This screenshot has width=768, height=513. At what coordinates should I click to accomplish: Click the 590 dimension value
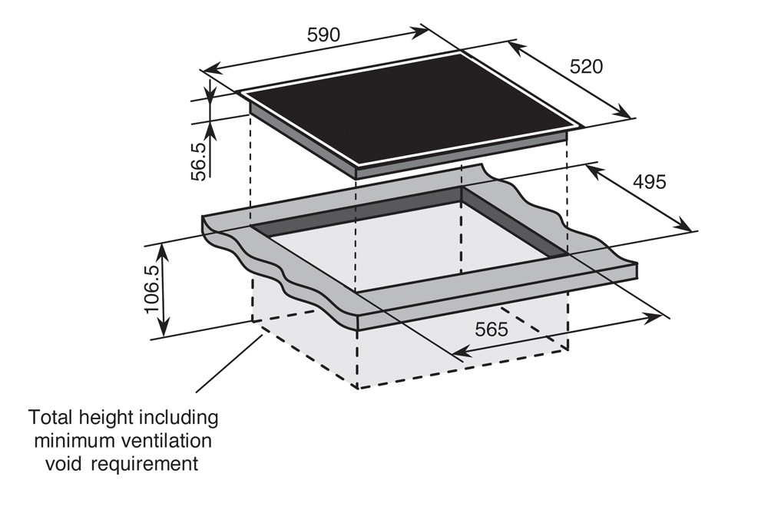(x=323, y=35)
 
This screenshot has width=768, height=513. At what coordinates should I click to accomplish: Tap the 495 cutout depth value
(x=650, y=182)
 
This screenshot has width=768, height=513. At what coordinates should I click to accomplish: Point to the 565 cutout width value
(x=492, y=329)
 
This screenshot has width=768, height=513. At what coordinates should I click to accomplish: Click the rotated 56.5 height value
(x=200, y=160)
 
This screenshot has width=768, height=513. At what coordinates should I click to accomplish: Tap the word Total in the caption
(x=53, y=418)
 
